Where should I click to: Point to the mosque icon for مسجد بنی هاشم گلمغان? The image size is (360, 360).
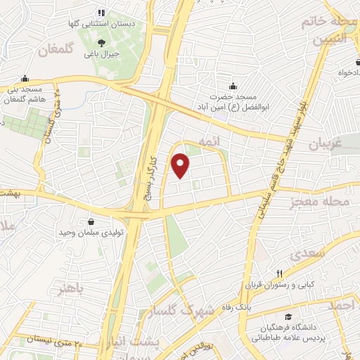coord(26,78)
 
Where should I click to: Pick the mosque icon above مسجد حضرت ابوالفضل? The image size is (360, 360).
coord(233,86)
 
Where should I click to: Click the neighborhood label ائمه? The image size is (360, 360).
coord(209,141)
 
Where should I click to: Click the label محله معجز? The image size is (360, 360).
coord(320,202)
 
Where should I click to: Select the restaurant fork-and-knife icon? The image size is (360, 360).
coord(279,274)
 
